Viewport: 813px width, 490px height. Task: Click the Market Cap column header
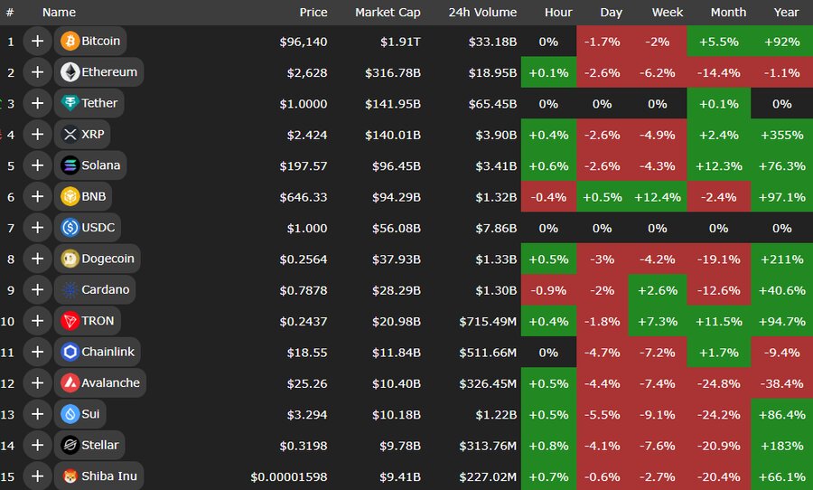pyautogui.click(x=388, y=13)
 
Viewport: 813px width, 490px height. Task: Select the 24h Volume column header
pyautogui.click(x=482, y=13)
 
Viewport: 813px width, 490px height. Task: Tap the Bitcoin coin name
pyautogui.click(x=100, y=41)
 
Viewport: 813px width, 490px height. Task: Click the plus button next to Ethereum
pyautogui.click(x=37, y=72)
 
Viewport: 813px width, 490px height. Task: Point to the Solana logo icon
pyautogui.click(x=70, y=165)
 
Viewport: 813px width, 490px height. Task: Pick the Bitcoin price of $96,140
pyautogui.click(x=303, y=42)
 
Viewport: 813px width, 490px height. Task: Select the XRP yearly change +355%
pyautogui.click(x=782, y=135)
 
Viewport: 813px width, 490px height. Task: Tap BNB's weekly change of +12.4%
pyautogui.click(x=657, y=197)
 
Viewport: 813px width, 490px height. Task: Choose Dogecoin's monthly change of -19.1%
pyautogui.click(x=718, y=259)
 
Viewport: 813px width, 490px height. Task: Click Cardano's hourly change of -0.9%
pyautogui.click(x=547, y=290)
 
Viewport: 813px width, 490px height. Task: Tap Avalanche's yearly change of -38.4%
pyautogui.click(x=782, y=382)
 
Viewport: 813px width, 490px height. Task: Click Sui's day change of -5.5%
pyautogui.click(x=602, y=414)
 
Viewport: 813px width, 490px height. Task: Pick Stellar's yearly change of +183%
pyautogui.click(x=782, y=445)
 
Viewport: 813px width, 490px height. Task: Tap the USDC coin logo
pyautogui.click(x=70, y=228)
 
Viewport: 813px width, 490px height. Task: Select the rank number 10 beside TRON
pyautogui.click(x=10, y=321)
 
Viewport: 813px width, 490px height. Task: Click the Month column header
pyautogui.click(x=728, y=13)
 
